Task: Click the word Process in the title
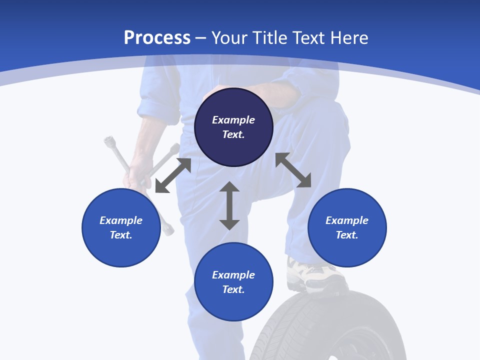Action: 157,37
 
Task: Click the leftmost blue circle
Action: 121,227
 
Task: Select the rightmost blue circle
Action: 347,227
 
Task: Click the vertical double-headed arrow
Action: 229,206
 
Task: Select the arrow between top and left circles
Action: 173,175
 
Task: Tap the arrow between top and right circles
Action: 293,170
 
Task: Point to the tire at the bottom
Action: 320,330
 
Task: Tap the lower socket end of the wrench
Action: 168,229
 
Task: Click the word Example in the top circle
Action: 233,120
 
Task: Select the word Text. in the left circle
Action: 121,235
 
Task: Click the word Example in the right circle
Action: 347,220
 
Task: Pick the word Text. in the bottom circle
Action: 233,289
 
